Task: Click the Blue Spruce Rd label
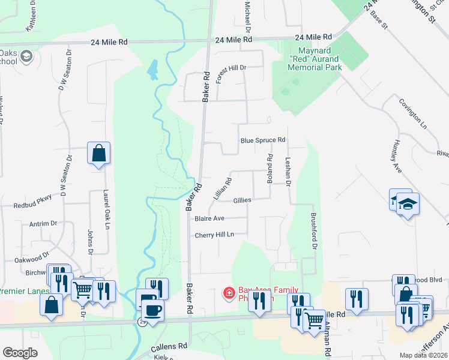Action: click(262, 140)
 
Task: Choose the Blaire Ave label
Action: click(209, 218)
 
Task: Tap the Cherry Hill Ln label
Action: click(213, 235)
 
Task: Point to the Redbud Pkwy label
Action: click(33, 205)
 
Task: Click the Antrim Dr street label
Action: click(43, 224)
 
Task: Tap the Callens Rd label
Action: click(169, 346)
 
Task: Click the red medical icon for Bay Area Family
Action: click(229, 293)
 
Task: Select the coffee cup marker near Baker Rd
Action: click(151, 310)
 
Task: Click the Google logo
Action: click(20, 353)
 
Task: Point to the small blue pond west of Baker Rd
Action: click(152, 70)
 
